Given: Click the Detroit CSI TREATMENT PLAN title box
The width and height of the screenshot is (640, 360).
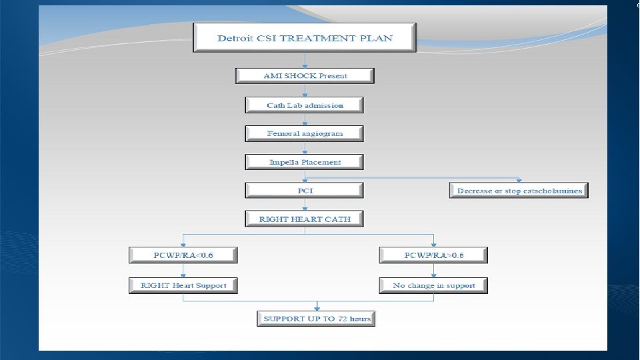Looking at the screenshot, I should tap(305, 38).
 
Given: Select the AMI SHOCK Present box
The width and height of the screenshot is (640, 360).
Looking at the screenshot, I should tap(305, 76).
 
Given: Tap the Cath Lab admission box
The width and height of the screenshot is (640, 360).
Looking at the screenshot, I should tap(305, 105).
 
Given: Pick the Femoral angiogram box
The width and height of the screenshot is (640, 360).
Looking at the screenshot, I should tap(305, 133).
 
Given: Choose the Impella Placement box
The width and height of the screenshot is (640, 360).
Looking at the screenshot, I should tap(305, 162).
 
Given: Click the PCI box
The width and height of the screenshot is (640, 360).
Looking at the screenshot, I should tap(305, 191).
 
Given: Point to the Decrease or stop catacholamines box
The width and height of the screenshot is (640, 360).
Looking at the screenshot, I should tap(519, 191).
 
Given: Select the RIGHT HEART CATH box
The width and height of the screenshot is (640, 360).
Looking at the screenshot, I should tap(305, 219).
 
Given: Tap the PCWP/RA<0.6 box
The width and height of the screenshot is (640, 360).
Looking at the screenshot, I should tap(183, 255).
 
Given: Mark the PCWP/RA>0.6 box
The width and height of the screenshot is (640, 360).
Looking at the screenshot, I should tap(433, 255).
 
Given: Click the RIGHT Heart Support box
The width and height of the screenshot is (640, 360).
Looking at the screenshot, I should tap(183, 285).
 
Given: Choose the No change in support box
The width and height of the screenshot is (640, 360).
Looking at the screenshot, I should tap(433, 285).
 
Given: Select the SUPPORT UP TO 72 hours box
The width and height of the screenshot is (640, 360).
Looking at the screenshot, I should tap(316, 319).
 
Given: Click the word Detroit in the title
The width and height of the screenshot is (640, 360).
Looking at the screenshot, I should tap(233, 38).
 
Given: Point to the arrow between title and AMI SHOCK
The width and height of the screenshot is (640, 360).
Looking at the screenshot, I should tap(305, 60).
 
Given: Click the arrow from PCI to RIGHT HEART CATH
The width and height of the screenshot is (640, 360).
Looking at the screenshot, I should tap(305, 205).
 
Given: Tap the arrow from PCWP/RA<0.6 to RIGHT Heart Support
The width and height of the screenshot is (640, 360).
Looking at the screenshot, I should tap(183, 270).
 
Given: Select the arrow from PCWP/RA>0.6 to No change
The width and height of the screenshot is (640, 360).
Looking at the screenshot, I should tap(433, 270).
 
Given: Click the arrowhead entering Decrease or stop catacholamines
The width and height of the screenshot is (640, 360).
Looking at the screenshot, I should tap(519, 180).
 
